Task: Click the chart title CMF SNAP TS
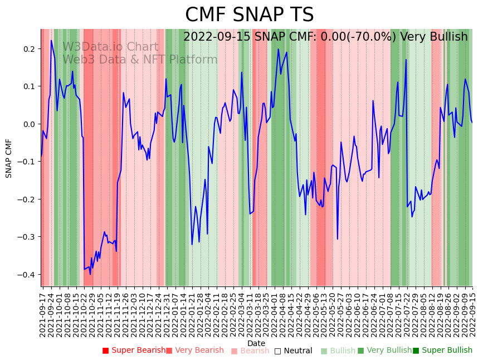[x=249, y=15]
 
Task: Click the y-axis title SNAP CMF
[x=9, y=158]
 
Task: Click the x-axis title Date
[x=256, y=343]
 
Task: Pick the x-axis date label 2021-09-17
[x=43, y=313]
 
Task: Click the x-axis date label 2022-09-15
[x=472, y=313]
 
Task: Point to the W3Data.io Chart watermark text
[x=110, y=47]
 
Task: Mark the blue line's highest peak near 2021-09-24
[x=51, y=40]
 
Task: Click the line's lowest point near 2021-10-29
[x=90, y=274]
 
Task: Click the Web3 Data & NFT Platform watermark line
[x=140, y=60]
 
